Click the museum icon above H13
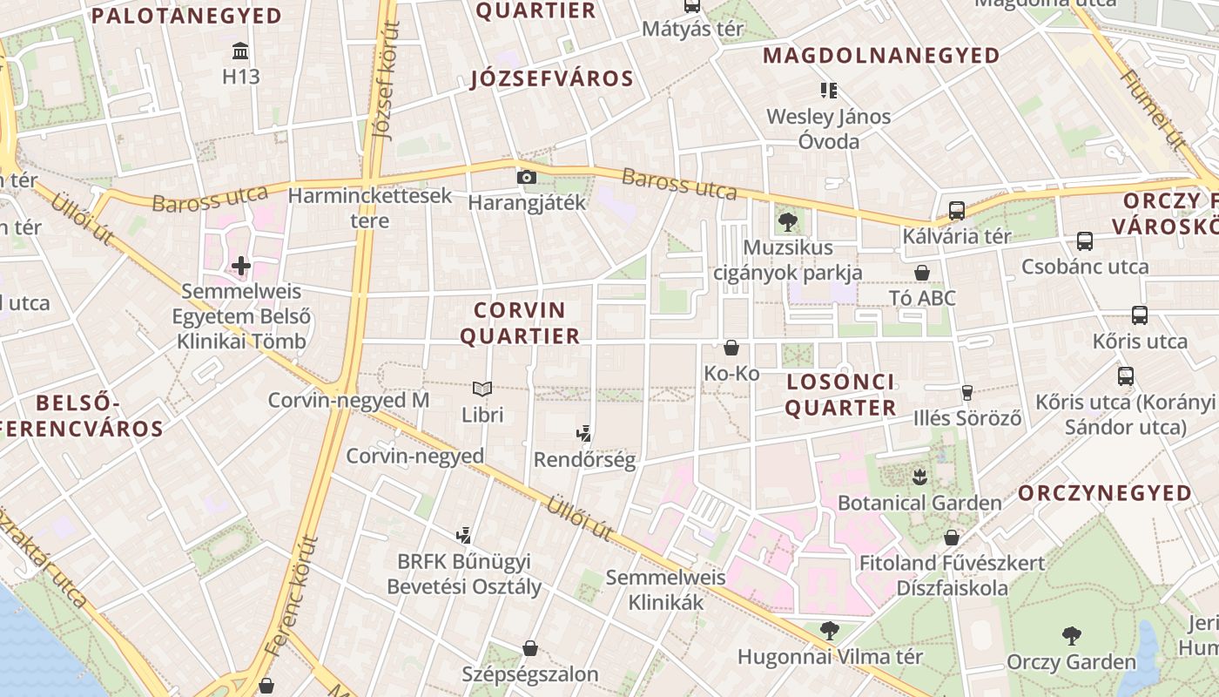coord(241,50)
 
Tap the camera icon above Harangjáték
coord(526,177)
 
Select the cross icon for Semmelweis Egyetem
coord(241,265)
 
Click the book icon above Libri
coord(482,389)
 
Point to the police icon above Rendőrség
coord(584,432)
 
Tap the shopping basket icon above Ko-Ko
coord(731,348)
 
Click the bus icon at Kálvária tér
coord(956,210)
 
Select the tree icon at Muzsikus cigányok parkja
coord(788,221)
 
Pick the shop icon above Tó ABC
coord(922,273)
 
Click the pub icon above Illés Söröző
coord(966,392)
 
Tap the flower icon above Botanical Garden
coord(919,477)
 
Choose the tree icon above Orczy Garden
coord(1071,635)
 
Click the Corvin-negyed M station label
coord(348,401)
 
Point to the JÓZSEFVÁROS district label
coord(552,79)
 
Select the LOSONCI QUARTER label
coord(841,395)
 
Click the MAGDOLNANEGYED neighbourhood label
coord(881,56)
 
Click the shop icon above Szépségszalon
coord(529,648)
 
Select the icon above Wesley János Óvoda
coord(828,90)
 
